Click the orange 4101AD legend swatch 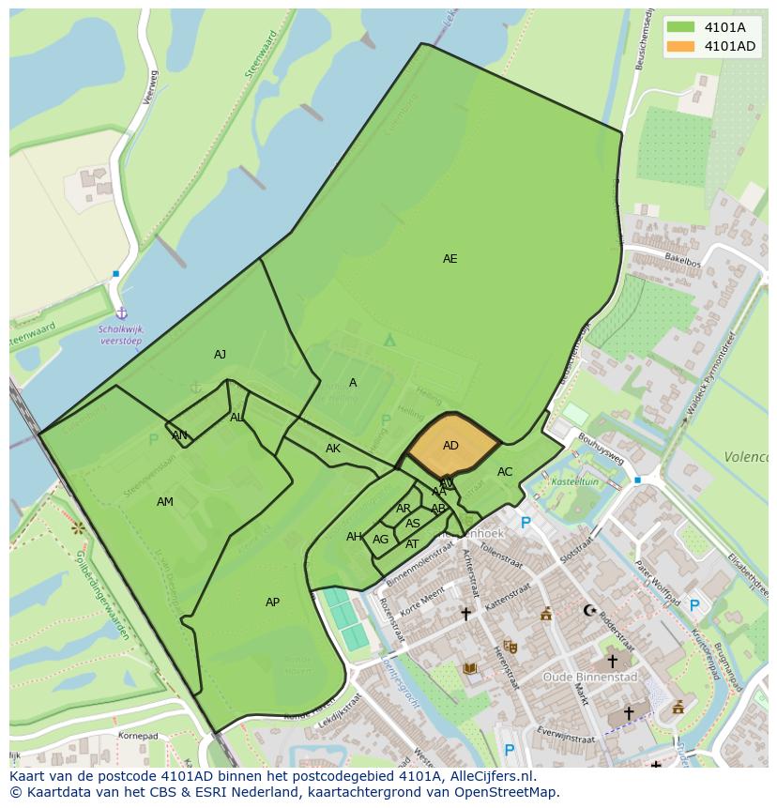[681, 46]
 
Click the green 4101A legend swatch [681, 27]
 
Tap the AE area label [450, 259]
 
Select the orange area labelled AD [451, 446]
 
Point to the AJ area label [220, 355]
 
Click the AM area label [165, 502]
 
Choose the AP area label [272, 602]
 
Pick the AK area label [333, 449]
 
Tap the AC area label [505, 472]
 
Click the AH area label [354, 537]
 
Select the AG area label [380, 540]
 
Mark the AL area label [236, 418]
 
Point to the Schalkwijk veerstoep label [122, 335]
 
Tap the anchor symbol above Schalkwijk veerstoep [121, 313]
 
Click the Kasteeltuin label [573, 481]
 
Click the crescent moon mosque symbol [589, 611]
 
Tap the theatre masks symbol [510, 647]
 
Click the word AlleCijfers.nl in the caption [489, 776]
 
